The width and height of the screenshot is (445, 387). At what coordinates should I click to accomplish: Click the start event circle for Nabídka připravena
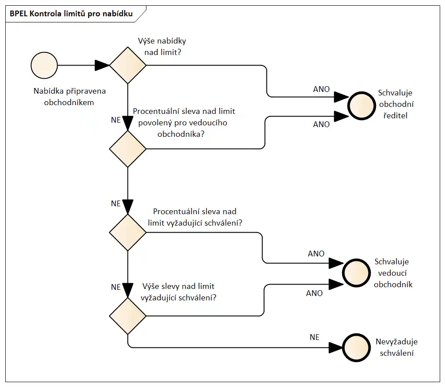pyautogui.click(x=44, y=66)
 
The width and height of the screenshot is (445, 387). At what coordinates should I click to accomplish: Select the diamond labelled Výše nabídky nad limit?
pyautogui.click(x=128, y=66)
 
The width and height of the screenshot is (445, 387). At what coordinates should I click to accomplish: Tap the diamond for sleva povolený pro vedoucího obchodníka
pyautogui.click(x=128, y=149)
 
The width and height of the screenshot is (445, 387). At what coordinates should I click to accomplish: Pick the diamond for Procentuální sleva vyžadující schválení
pyautogui.click(x=128, y=232)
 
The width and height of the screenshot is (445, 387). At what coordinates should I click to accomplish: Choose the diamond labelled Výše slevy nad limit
pyautogui.click(x=128, y=315)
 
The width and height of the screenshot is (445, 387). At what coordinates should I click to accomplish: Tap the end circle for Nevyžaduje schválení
pyautogui.click(x=355, y=347)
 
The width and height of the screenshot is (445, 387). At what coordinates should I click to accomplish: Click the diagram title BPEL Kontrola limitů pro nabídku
pyautogui.click(x=71, y=14)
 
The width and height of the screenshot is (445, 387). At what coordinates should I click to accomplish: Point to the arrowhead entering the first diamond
pyautogui.click(x=102, y=66)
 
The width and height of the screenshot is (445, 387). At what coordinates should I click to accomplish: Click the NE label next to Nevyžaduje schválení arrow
pyautogui.click(x=314, y=337)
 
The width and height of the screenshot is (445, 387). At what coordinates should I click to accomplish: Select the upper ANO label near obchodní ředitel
pyautogui.click(x=321, y=89)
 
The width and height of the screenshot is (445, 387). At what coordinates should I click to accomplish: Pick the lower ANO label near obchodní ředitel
pyautogui.click(x=321, y=124)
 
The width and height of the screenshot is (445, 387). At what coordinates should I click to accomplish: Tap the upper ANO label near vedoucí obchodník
pyautogui.click(x=316, y=254)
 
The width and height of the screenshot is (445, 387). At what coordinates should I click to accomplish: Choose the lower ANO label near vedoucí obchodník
pyautogui.click(x=314, y=293)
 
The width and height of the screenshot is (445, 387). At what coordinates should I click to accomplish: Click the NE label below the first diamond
pyautogui.click(x=116, y=120)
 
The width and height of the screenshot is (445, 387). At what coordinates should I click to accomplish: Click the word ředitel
pyautogui.click(x=396, y=116)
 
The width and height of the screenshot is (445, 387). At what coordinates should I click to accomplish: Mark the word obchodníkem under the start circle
pyautogui.click(x=69, y=102)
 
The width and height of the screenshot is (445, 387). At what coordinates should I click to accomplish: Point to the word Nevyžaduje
pyautogui.click(x=396, y=342)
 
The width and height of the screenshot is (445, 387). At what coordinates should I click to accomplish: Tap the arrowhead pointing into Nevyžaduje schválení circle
pyautogui.click(x=336, y=347)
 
